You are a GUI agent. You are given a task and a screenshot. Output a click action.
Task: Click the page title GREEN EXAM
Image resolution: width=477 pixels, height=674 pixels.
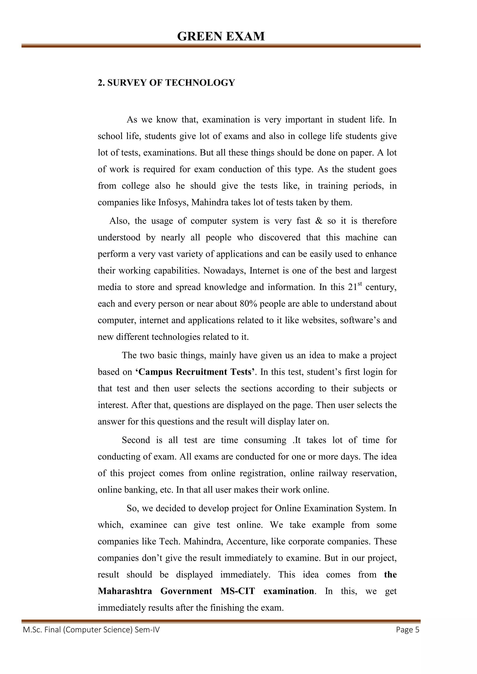click(221, 37)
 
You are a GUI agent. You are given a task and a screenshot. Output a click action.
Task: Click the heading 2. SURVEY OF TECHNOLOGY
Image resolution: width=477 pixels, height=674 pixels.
click(166, 83)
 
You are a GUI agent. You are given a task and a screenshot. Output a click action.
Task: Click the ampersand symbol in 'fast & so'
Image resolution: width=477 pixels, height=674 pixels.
click(319, 221)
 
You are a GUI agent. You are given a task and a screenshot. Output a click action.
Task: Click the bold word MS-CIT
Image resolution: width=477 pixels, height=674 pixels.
click(238, 591)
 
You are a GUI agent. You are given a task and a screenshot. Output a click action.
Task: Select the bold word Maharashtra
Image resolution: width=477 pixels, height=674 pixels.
click(125, 591)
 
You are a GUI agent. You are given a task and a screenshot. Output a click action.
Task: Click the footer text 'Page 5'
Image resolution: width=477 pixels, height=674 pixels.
click(407, 630)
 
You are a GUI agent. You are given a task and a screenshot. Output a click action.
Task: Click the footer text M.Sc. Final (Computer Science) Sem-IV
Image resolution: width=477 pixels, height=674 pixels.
click(91, 630)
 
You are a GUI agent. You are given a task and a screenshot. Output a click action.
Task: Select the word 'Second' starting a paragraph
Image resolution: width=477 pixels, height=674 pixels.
click(136, 440)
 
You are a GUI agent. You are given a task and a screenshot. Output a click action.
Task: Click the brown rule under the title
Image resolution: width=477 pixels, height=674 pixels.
click(221, 46)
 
